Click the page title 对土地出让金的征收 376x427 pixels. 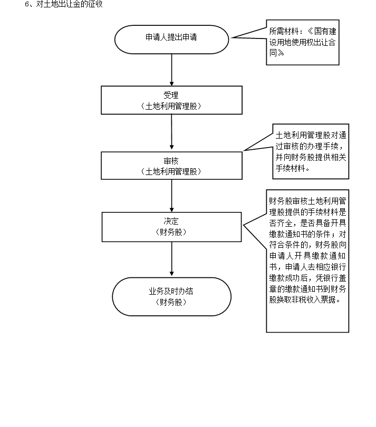[x=66, y=5]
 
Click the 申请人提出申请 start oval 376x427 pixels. [x=171, y=39]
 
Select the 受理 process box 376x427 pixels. [x=171, y=100]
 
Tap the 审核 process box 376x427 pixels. [x=171, y=166]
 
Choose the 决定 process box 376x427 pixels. [x=171, y=227]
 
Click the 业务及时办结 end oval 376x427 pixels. [x=171, y=297]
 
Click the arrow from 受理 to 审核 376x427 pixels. [x=171, y=133]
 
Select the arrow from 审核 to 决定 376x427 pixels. [x=171, y=196]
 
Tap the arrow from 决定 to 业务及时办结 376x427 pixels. [x=171, y=259]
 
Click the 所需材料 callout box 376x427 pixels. [x=302, y=45]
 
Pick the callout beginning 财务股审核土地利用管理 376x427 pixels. [x=307, y=261]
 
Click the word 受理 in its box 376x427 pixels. [x=171, y=95]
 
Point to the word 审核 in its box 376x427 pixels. [x=171, y=161]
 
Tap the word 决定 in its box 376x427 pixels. [x=171, y=222]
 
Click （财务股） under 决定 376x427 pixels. [x=171, y=232]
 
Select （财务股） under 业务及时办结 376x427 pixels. [x=171, y=302]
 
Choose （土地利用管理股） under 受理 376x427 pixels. [x=171, y=106]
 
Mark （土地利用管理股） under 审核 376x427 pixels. [x=171, y=171]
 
